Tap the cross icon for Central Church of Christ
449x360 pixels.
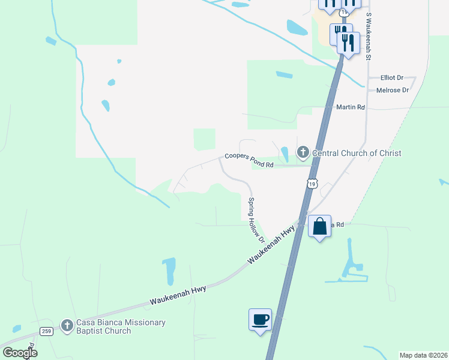coord(303,153)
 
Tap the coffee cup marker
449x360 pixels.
coord(260,319)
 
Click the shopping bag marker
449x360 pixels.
coord(319,227)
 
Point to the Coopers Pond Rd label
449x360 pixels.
coord(249,160)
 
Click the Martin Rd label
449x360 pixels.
coord(351,107)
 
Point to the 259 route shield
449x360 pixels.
coord(47,331)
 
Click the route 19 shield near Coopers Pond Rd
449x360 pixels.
coord(311,183)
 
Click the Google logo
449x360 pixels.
coord(20,352)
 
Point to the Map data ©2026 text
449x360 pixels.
coord(423,355)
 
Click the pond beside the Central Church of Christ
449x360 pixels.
coord(285,154)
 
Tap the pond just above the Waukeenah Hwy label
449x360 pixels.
coord(169,271)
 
